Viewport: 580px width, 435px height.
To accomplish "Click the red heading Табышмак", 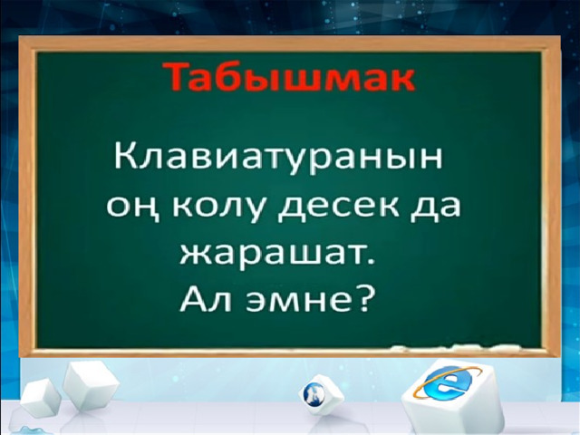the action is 288,77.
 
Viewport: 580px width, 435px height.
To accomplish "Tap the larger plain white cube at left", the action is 91,386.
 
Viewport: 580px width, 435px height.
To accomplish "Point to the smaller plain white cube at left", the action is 41,399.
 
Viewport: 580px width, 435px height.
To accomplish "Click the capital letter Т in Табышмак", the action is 173,76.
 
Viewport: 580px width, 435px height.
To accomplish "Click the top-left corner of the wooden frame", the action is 18,36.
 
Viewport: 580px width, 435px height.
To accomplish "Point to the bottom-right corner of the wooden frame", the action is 560,356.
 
